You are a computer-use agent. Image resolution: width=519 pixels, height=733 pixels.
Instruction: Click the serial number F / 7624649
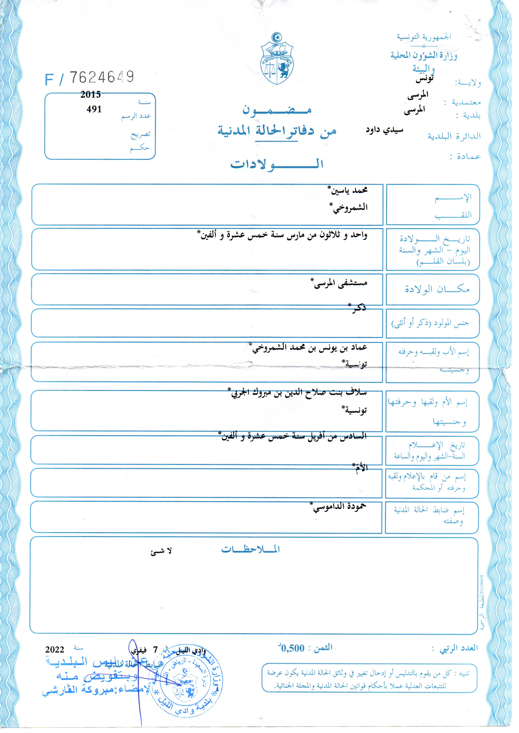point(90,77)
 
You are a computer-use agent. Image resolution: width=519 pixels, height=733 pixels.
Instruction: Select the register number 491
point(94,109)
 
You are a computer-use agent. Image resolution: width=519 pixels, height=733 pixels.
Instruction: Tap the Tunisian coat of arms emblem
point(277,59)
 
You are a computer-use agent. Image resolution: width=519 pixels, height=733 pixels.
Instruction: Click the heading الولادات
point(277,164)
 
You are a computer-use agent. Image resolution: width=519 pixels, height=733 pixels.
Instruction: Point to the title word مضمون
point(277,110)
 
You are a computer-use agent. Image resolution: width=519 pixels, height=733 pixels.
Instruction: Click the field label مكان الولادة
point(437,289)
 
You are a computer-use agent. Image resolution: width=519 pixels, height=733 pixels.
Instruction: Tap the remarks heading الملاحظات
point(251,550)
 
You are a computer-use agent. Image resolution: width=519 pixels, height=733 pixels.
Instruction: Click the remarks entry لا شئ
point(161,551)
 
